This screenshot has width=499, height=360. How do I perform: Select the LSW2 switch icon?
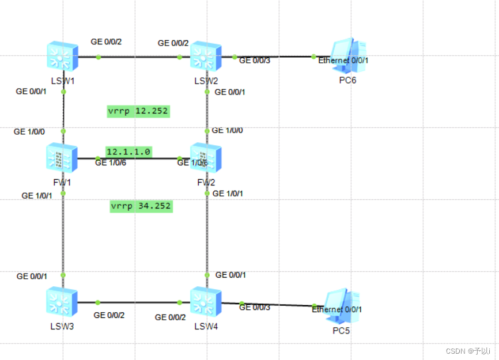point(206,56)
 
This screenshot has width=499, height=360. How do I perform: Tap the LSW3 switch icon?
point(62,302)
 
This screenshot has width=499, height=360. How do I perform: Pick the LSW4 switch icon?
point(206,302)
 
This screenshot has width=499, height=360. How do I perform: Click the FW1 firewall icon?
point(62,158)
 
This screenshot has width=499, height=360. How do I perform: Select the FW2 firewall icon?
point(206,158)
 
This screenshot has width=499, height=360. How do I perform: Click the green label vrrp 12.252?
point(138,111)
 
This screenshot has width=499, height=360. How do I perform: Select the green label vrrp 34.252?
point(141,206)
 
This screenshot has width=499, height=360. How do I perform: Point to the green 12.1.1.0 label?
point(128,151)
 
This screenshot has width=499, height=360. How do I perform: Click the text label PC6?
point(347,80)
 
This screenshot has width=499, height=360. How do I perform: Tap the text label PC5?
point(341,331)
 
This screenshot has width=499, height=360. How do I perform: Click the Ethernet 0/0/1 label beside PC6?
point(343,60)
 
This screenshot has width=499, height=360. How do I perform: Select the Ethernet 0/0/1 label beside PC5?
point(337,309)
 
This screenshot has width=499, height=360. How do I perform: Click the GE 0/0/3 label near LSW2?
point(255,60)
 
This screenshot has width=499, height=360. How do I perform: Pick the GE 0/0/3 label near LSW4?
point(255,307)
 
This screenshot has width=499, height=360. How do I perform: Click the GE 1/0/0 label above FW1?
point(30,132)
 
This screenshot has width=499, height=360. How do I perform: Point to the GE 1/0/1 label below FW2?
point(228,194)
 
